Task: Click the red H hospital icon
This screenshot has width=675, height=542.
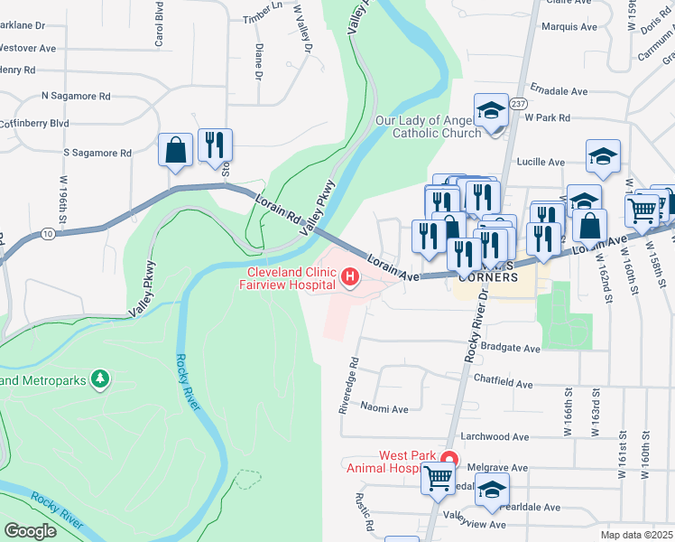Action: pyautogui.click(x=348, y=278)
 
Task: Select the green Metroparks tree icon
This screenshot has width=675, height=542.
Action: pyautogui.click(x=102, y=378)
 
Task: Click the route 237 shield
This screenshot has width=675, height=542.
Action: pyautogui.click(x=517, y=104)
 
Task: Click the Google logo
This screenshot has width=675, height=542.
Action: pyautogui.click(x=30, y=531)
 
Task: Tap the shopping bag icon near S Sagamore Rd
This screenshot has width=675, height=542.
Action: pyautogui.click(x=176, y=150)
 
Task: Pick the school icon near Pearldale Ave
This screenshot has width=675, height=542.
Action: pyautogui.click(x=492, y=491)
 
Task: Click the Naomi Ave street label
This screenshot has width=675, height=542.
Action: pyautogui.click(x=384, y=409)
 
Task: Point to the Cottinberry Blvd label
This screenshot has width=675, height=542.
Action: pyautogui.click(x=34, y=123)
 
